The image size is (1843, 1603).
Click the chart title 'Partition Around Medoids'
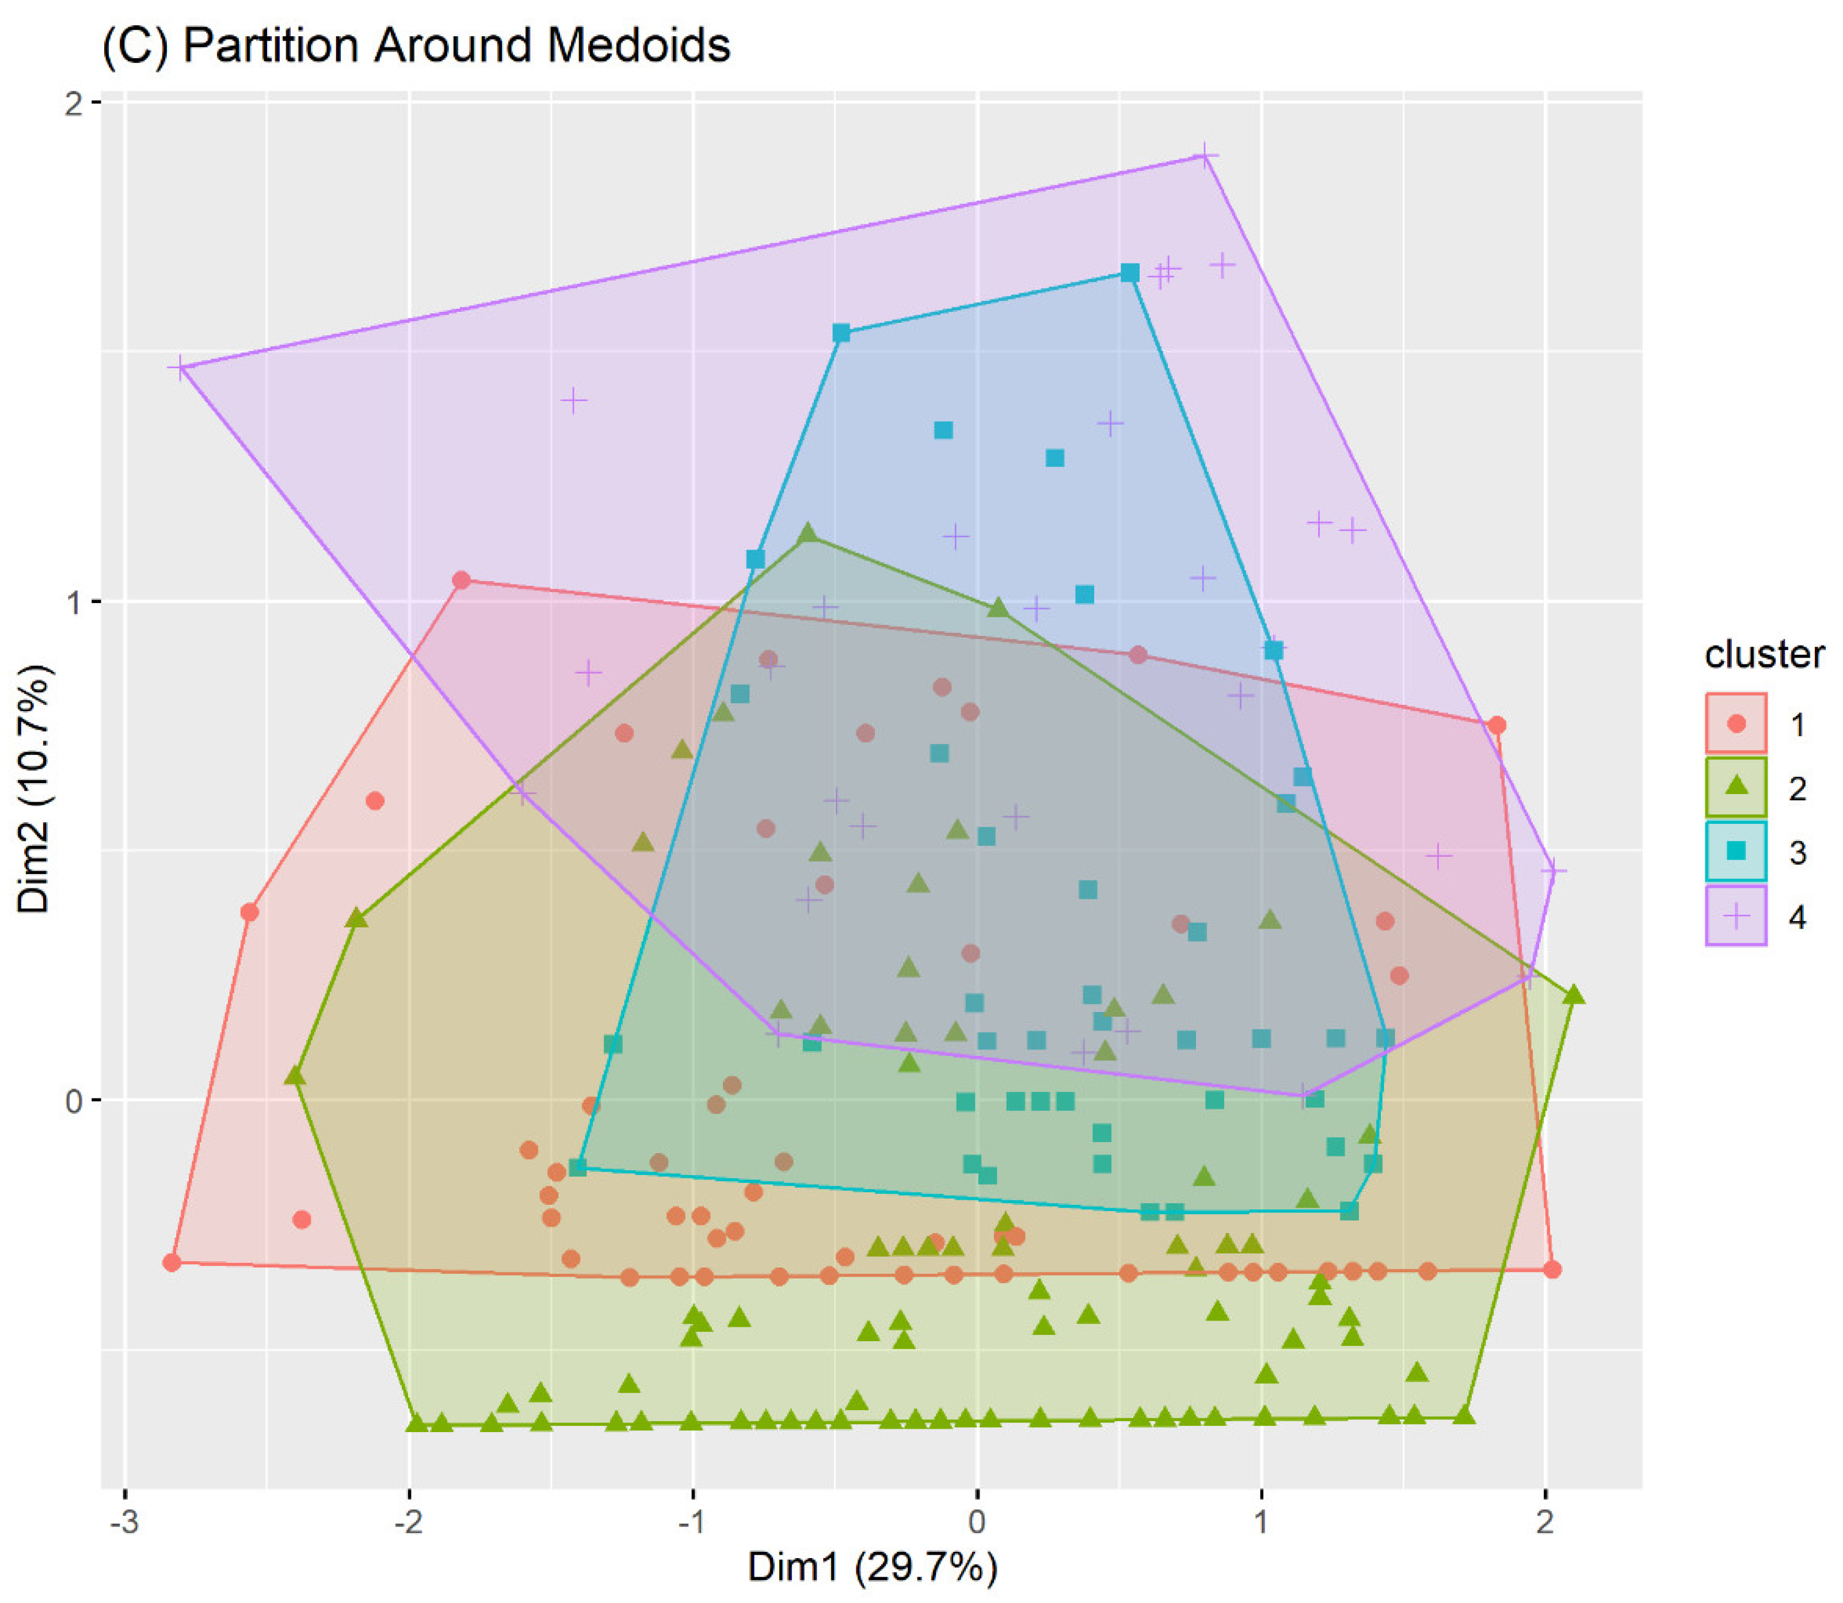coord(416,45)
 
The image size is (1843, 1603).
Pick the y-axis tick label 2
coord(73,104)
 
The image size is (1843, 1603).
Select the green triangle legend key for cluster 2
coord(1735,787)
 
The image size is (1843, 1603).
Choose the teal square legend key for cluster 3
coord(1735,851)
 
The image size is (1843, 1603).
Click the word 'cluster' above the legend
coord(1764,655)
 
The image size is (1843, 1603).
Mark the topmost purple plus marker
coord(1205,156)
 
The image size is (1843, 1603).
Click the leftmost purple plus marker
coord(182,368)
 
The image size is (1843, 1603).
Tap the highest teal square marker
coord(1130,273)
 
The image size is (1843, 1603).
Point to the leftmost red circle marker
coord(172,1262)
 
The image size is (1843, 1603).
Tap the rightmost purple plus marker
coord(1554,869)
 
